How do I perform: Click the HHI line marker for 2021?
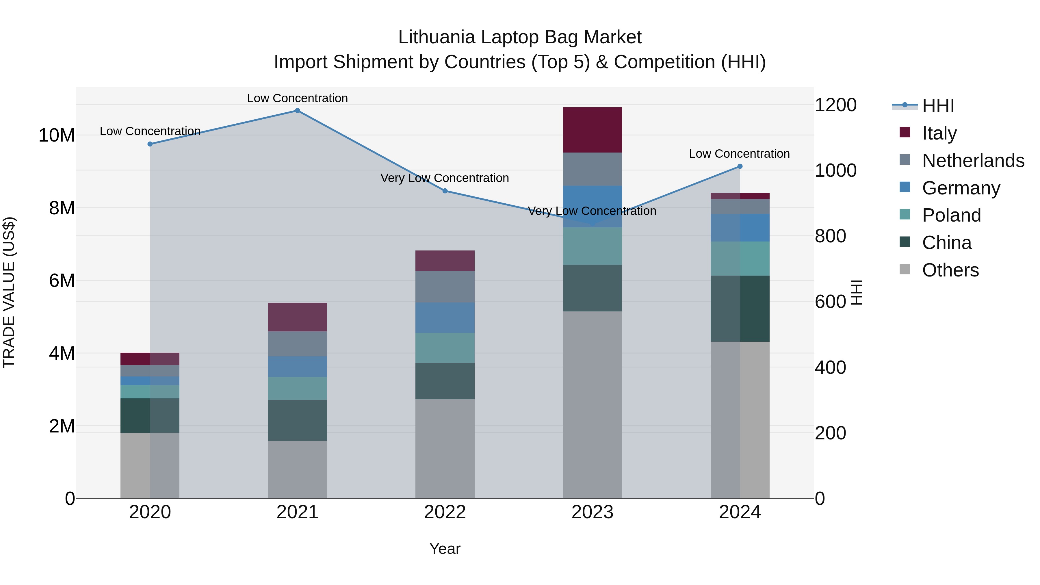pos(298,111)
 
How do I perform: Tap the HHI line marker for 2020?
pos(150,144)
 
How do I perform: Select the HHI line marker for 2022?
pos(445,191)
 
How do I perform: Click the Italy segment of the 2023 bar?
pos(592,130)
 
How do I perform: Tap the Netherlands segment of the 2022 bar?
pos(445,287)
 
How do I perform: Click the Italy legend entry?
pos(939,133)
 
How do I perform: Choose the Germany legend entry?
pos(961,188)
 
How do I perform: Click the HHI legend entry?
pos(938,106)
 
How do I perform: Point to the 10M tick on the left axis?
pos(57,135)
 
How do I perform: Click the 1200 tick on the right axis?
pos(835,105)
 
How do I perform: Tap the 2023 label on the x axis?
pos(592,512)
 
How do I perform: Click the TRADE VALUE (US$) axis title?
pos(9,292)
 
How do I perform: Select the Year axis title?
pos(445,549)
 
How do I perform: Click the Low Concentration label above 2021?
pos(298,98)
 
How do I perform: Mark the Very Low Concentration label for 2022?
pos(445,178)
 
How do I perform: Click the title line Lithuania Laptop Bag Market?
pos(520,37)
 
